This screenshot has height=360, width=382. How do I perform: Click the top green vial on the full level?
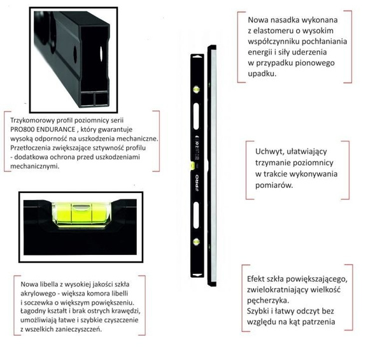point(195,86)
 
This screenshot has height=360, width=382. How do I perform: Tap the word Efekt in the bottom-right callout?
point(258,279)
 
